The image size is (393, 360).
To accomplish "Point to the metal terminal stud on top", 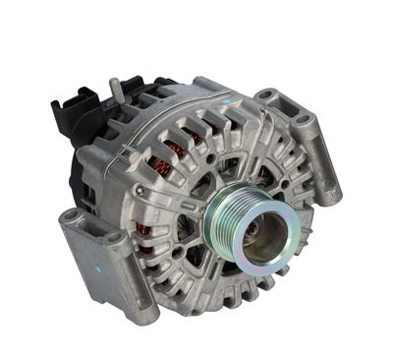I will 115,90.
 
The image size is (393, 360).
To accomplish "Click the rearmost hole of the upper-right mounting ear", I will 266,96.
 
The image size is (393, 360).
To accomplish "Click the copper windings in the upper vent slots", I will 177,149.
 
